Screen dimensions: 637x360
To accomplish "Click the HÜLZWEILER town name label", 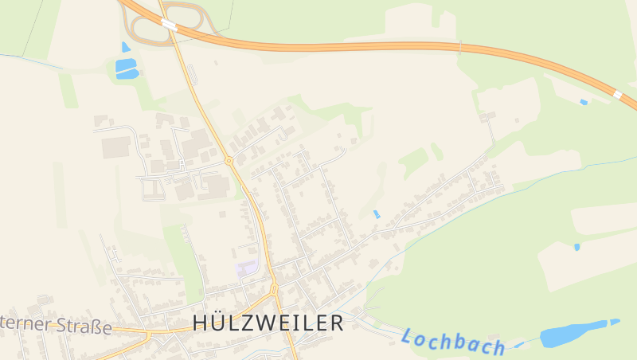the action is tap(268, 323).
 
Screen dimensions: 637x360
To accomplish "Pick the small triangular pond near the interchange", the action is tap(126, 47).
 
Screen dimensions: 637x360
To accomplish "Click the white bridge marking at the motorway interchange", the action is tap(169, 25).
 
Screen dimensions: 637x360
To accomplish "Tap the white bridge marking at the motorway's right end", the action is tap(618, 95).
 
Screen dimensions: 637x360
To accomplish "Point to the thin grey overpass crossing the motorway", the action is tap(459, 47).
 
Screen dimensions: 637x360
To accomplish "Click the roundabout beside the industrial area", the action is tap(229, 161).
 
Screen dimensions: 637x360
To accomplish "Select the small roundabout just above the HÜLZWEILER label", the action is tap(274, 291).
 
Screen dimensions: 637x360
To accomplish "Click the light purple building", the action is tap(247, 268).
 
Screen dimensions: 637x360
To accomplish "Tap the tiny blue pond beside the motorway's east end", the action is tap(584, 102).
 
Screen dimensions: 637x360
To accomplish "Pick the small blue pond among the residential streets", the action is tap(377, 214).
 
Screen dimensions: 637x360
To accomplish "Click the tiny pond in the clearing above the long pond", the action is tap(577, 247).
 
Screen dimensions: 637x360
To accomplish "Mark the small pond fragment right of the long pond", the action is tap(616, 322).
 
